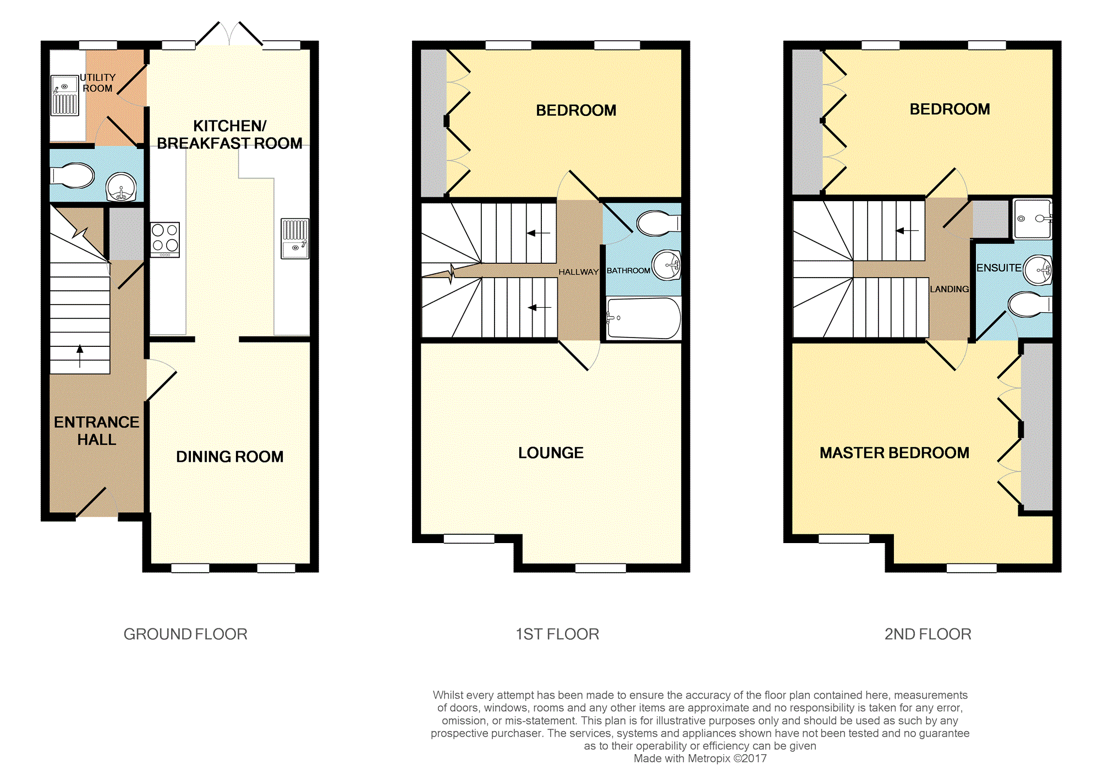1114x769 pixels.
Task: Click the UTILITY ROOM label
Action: point(97,83)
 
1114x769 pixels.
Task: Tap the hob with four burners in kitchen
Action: point(165,239)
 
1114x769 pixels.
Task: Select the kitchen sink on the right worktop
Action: point(295,238)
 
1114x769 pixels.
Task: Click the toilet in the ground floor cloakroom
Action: point(74,176)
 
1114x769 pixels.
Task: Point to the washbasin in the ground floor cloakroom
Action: point(121,187)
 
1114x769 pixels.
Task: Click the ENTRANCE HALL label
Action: point(96,430)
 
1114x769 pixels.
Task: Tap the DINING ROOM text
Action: point(229,457)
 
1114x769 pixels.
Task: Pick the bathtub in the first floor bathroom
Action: point(644,318)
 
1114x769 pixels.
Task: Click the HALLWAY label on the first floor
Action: point(578,272)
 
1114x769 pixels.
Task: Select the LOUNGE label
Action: point(551,453)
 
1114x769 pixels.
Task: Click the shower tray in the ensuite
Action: point(1032,219)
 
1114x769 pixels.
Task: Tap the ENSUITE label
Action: point(998,268)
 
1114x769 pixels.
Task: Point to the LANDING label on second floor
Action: point(949,289)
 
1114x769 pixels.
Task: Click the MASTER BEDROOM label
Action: point(894,453)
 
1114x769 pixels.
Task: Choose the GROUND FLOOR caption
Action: point(185,634)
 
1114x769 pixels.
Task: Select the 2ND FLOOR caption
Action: point(928,634)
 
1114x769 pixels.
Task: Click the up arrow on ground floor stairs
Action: point(80,355)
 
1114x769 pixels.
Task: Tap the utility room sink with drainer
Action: point(65,96)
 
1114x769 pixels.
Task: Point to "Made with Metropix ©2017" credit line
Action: point(700,759)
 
